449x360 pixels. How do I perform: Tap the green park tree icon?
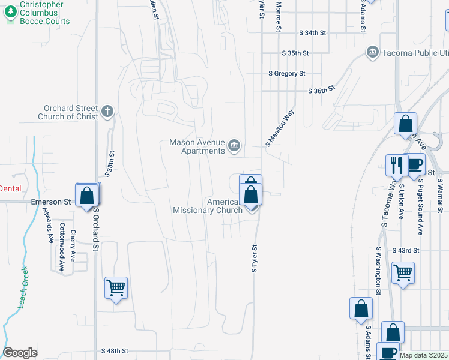tap(10, 13)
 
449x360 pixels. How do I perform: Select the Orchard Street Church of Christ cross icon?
tap(107, 111)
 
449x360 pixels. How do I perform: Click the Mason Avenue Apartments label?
tap(196, 146)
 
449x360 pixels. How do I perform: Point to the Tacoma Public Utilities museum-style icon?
tap(372, 53)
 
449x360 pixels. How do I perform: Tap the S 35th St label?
tap(295, 53)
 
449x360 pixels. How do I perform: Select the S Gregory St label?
tap(287, 73)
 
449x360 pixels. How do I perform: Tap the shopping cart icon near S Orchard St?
tap(116, 287)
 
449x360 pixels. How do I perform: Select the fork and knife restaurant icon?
tap(396, 166)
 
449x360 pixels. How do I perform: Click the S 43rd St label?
tap(405, 250)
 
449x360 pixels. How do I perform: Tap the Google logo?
tap(20, 353)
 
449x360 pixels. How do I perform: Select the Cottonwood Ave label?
tap(62, 246)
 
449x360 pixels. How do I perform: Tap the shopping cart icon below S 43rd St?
tap(403, 273)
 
